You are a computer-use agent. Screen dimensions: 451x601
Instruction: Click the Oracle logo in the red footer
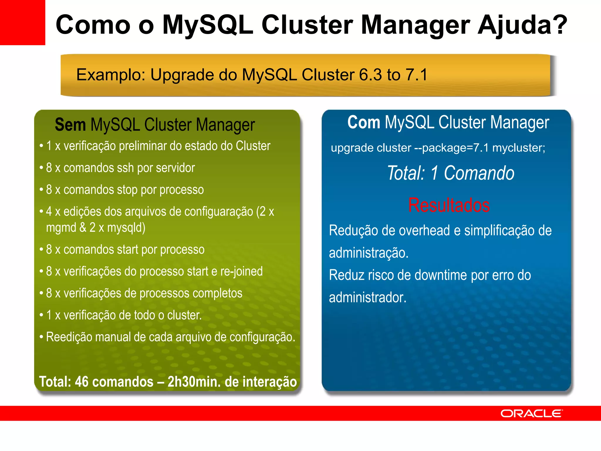[531, 413]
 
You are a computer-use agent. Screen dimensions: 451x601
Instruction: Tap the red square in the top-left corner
[22, 22]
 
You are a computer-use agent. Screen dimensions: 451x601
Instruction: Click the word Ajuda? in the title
[522, 25]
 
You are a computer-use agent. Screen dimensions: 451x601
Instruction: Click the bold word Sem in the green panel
[70, 125]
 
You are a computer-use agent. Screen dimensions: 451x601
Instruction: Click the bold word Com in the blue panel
[364, 122]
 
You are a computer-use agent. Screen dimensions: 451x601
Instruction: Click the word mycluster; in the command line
[519, 148]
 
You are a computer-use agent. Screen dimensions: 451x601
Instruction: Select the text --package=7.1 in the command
[451, 148]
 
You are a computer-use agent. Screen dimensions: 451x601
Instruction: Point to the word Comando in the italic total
[479, 173]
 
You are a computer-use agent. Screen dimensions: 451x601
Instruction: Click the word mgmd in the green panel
[61, 228]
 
